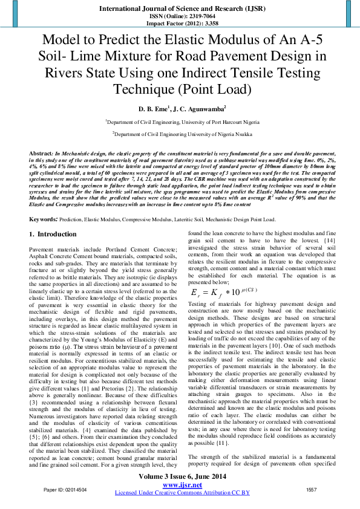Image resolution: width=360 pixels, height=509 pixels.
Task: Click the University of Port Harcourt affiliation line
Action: [x=180, y=122]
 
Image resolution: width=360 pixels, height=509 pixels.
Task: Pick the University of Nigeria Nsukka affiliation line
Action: [x=180, y=134]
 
